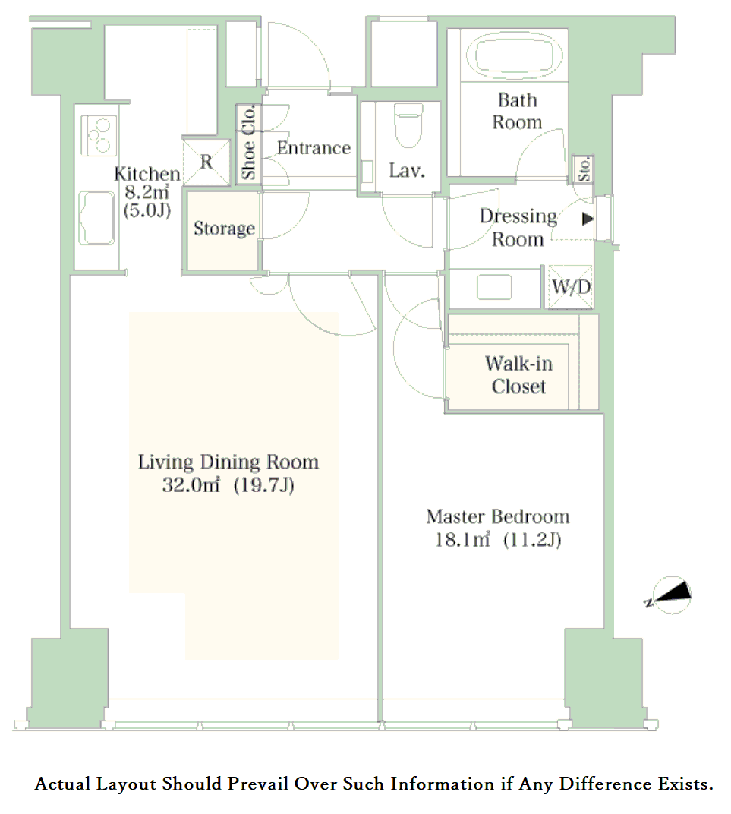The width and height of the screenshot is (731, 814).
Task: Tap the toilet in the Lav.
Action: (x=408, y=125)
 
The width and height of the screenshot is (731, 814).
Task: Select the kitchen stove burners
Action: (x=99, y=136)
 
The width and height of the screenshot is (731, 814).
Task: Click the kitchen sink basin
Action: (x=96, y=217)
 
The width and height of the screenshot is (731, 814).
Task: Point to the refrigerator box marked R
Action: (x=206, y=162)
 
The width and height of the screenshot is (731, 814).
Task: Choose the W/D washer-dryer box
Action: (x=570, y=286)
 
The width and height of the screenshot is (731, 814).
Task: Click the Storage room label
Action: (x=224, y=229)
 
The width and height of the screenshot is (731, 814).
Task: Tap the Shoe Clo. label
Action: (x=248, y=142)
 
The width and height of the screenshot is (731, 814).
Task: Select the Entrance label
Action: (x=314, y=148)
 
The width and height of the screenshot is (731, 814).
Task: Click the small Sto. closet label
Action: (x=584, y=169)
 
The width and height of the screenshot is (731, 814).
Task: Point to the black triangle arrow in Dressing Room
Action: (x=588, y=219)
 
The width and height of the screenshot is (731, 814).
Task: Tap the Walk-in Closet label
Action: (x=518, y=375)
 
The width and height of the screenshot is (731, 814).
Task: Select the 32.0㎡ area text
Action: (x=191, y=485)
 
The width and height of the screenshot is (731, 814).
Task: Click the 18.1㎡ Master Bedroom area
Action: (x=462, y=540)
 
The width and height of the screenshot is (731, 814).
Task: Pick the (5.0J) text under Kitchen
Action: (x=147, y=210)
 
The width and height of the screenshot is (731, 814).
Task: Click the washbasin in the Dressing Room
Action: (x=494, y=287)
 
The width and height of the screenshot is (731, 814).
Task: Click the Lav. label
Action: (x=408, y=170)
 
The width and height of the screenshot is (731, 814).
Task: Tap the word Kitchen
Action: (x=147, y=174)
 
